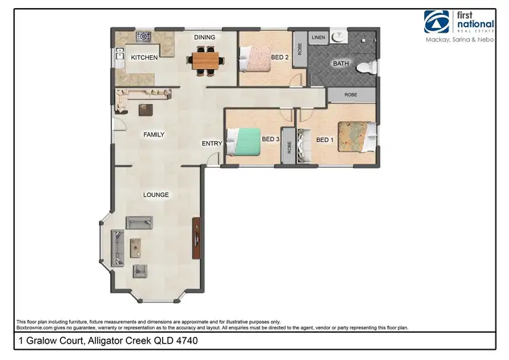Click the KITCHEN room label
tap(144, 58)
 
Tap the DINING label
tap(204, 37)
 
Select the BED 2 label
tap(280, 57)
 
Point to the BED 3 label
tap(271, 140)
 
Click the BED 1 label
tap(326, 140)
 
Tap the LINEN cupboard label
tap(318, 38)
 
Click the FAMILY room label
tap(153, 134)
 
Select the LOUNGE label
tap(155, 195)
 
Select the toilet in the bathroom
tap(366, 67)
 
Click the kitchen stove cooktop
tap(145, 37)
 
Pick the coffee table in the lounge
tap(137, 246)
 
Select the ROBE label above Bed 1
tap(351, 95)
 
